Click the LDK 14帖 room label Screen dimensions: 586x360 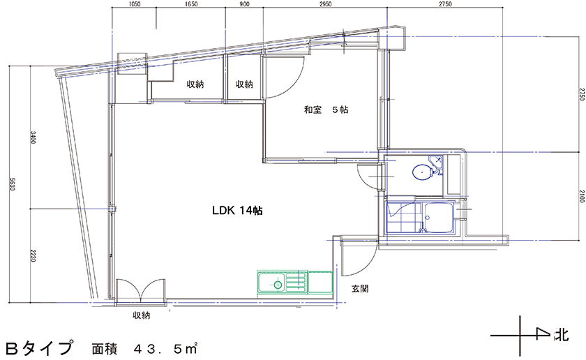[x=237, y=211]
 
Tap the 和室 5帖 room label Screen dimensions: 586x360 [x=326, y=110]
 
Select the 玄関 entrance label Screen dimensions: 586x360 [x=359, y=289]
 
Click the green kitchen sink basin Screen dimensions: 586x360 [x=271, y=284]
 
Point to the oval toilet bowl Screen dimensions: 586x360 [x=421, y=172]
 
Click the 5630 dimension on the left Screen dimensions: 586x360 [x=12, y=184]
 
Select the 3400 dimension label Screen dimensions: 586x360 [x=33, y=137]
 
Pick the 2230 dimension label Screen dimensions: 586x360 [x=33, y=256]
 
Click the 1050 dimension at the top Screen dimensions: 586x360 [x=134, y=4]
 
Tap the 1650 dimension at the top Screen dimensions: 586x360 [x=191, y=4]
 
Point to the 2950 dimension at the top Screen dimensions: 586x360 [x=325, y=4]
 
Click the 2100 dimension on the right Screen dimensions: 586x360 [x=582, y=196]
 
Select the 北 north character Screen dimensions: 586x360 [x=562, y=335]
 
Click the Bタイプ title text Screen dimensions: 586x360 [x=39, y=348]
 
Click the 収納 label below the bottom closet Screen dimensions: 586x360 [x=142, y=315]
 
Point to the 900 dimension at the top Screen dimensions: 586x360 [x=244, y=4]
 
